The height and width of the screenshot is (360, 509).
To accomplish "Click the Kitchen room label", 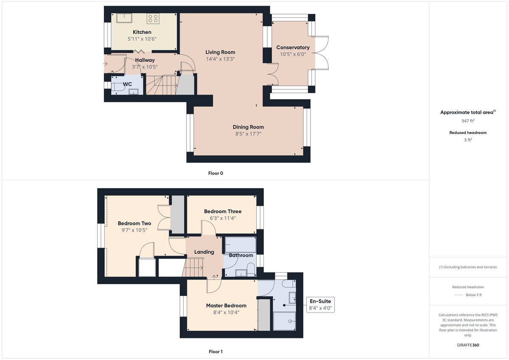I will click(142, 32).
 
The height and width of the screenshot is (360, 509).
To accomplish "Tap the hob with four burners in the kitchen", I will click(153, 19).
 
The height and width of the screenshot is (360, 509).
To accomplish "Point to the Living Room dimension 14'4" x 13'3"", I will click(220, 59).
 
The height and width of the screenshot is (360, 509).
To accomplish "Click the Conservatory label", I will click(293, 47).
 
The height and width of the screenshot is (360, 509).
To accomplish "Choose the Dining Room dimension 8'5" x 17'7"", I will click(248, 134).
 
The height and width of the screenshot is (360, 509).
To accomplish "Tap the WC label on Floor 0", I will click(127, 84).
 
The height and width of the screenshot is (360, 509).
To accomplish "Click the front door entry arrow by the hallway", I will click(105, 64).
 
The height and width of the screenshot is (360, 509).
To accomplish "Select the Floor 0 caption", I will click(215, 173).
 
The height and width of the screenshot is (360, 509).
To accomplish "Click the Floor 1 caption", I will click(215, 352).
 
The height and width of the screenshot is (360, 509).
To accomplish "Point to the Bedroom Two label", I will click(134, 223).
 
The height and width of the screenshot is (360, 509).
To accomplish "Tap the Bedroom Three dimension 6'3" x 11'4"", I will click(223, 218).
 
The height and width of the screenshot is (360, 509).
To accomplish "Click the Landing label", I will click(204, 252).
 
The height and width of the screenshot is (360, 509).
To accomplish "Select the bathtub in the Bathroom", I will click(240, 245).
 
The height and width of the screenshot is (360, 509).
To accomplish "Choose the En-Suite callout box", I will click(320, 304).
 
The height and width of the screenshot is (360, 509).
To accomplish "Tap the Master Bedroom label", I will click(226, 305).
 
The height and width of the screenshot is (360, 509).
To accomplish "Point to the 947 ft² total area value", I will click(468, 121).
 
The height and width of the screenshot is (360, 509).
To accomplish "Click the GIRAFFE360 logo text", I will click(468, 345).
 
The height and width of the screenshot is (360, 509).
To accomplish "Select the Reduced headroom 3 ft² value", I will click(468, 140).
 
